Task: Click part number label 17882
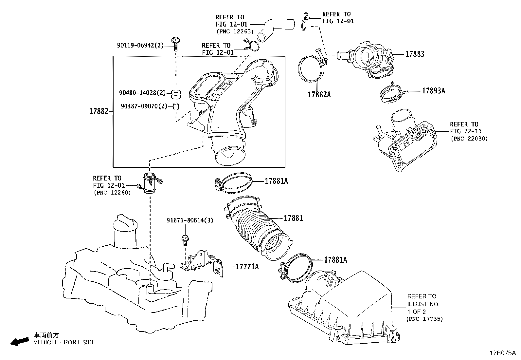tap(99, 111)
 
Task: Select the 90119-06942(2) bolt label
tap(140, 45)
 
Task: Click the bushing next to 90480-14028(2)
tap(176, 93)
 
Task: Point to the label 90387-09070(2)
tap(144, 106)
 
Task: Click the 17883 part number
tap(415, 54)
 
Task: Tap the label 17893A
tap(433, 91)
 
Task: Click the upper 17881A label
tap(276, 181)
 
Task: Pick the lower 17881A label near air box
tap(335, 260)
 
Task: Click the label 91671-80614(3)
tap(190, 220)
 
